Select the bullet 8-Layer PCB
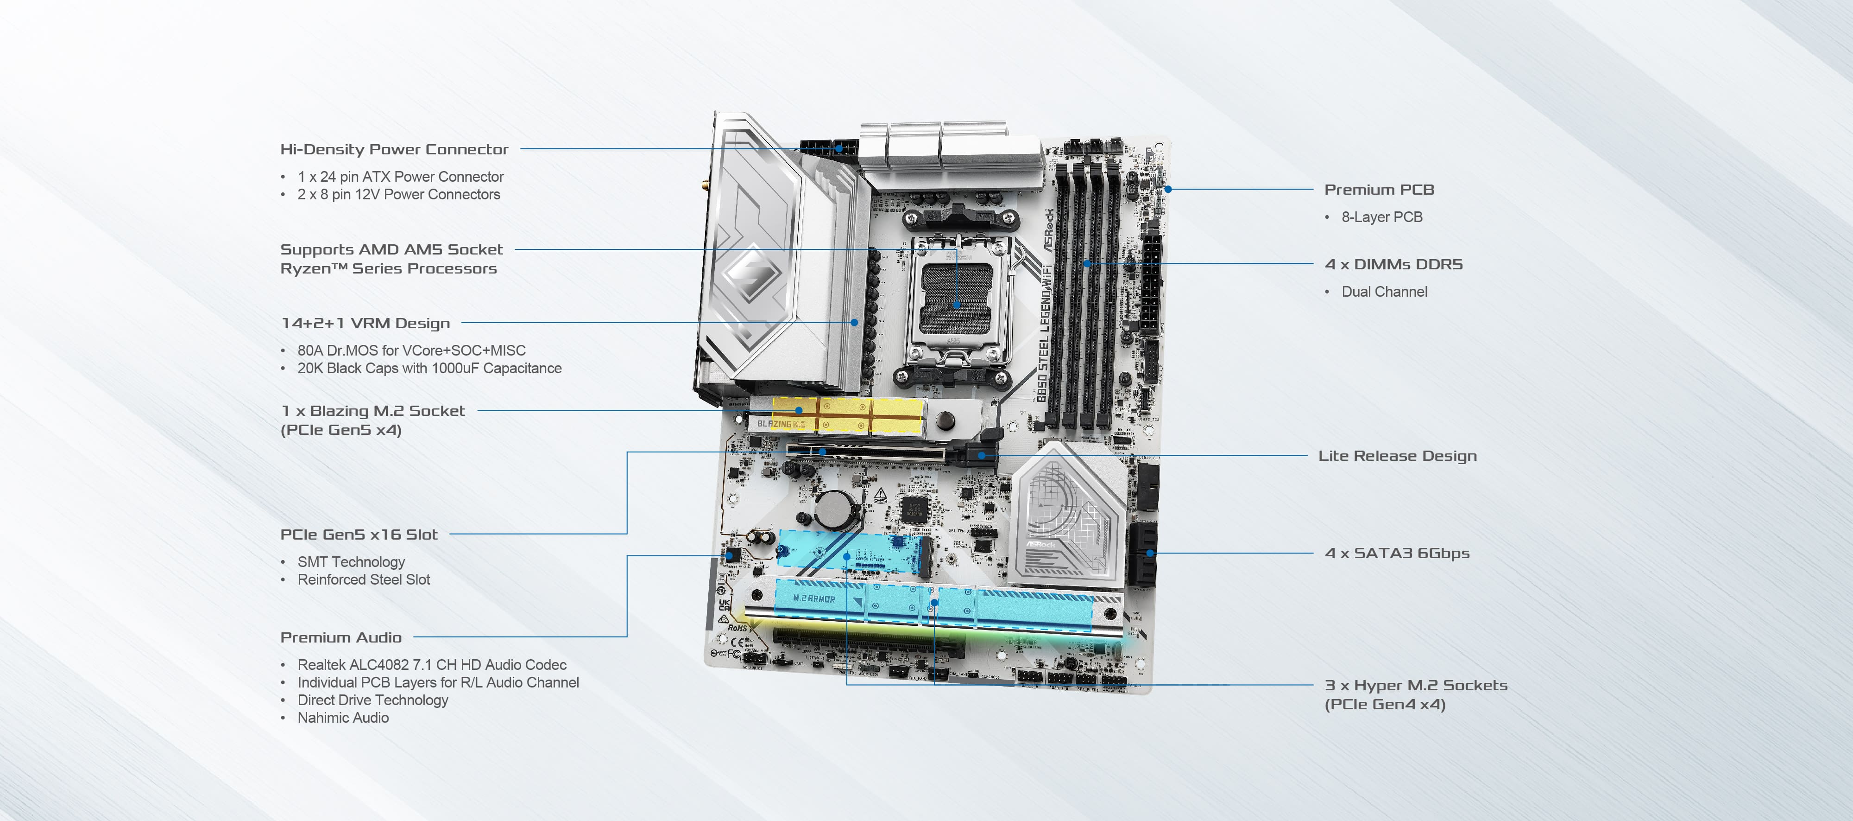pos(1381,216)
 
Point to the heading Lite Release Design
pos(1397,456)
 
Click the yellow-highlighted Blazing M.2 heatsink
pos(849,416)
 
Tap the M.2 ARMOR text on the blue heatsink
pos(813,598)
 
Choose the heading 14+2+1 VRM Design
pos(366,323)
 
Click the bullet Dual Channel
pos(1384,292)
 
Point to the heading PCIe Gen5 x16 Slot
pos(358,534)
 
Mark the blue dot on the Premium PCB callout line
pos(1168,189)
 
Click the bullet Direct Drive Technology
pos(372,700)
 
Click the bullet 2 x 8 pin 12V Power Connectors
pos(398,194)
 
